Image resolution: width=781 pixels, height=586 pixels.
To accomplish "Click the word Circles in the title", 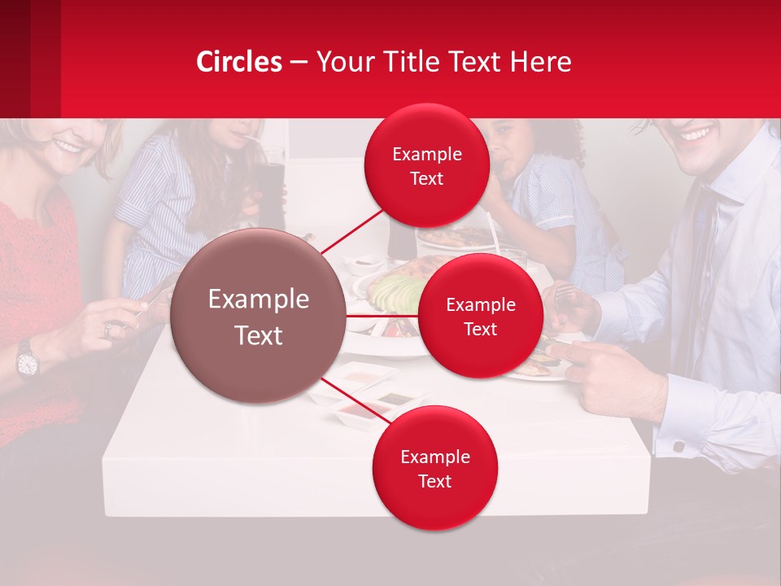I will point(238,62).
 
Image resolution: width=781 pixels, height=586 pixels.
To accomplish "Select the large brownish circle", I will point(259,316).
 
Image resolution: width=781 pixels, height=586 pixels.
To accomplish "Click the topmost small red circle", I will point(426,166).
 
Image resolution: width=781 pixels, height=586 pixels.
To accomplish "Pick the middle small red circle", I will point(480,316).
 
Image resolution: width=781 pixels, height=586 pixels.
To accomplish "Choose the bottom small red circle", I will point(434,468).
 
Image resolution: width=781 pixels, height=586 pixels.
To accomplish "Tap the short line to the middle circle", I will point(382,315).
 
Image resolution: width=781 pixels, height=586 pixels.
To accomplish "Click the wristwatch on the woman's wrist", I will point(27,359).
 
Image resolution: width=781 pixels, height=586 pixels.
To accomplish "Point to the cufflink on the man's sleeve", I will point(678,446).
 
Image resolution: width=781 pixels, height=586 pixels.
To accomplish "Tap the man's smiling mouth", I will point(696,133).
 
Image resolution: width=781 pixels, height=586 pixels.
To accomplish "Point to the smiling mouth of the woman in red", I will point(67,148).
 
